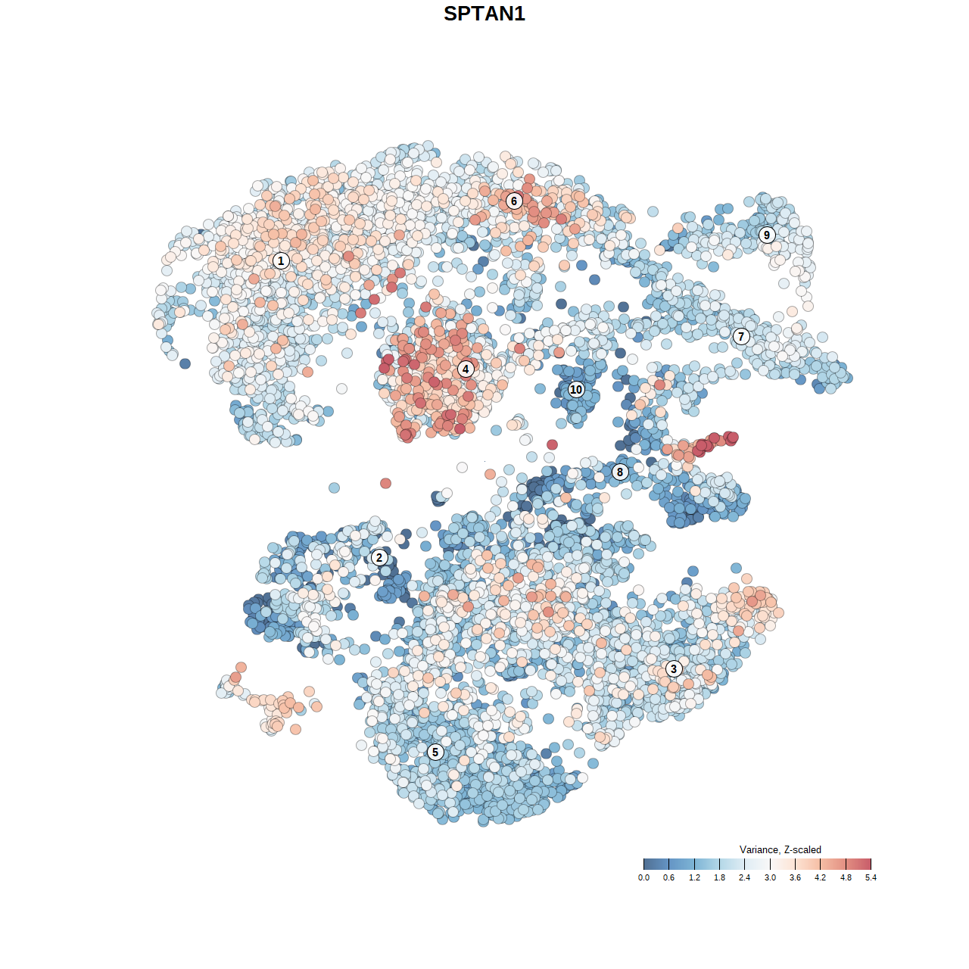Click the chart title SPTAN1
pyautogui.click(x=484, y=14)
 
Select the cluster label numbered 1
pyautogui.click(x=281, y=260)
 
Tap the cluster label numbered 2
pyautogui.click(x=379, y=558)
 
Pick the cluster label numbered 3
pyautogui.click(x=674, y=668)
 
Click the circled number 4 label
pyautogui.click(x=466, y=369)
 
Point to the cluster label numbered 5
pyautogui.click(x=435, y=752)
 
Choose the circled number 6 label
pyautogui.click(x=514, y=201)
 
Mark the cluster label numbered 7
pyautogui.click(x=741, y=337)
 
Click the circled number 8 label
pyautogui.click(x=620, y=472)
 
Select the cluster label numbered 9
pyautogui.click(x=767, y=235)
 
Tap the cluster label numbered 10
pyautogui.click(x=576, y=389)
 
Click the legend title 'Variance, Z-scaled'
pyautogui.click(x=780, y=849)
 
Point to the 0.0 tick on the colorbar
pyautogui.click(x=643, y=877)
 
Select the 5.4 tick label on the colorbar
pyautogui.click(x=871, y=877)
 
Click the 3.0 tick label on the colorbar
pyautogui.click(x=770, y=877)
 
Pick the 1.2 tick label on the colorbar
pyautogui.click(x=694, y=877)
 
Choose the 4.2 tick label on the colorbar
pyautogui.click(x=820, y=877)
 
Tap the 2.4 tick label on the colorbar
pyautogui.click(x=744, y=877)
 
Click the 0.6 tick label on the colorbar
pyautogui.click(x=668, y=877)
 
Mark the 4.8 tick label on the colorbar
pyautogui.click(x=846, y=877)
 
